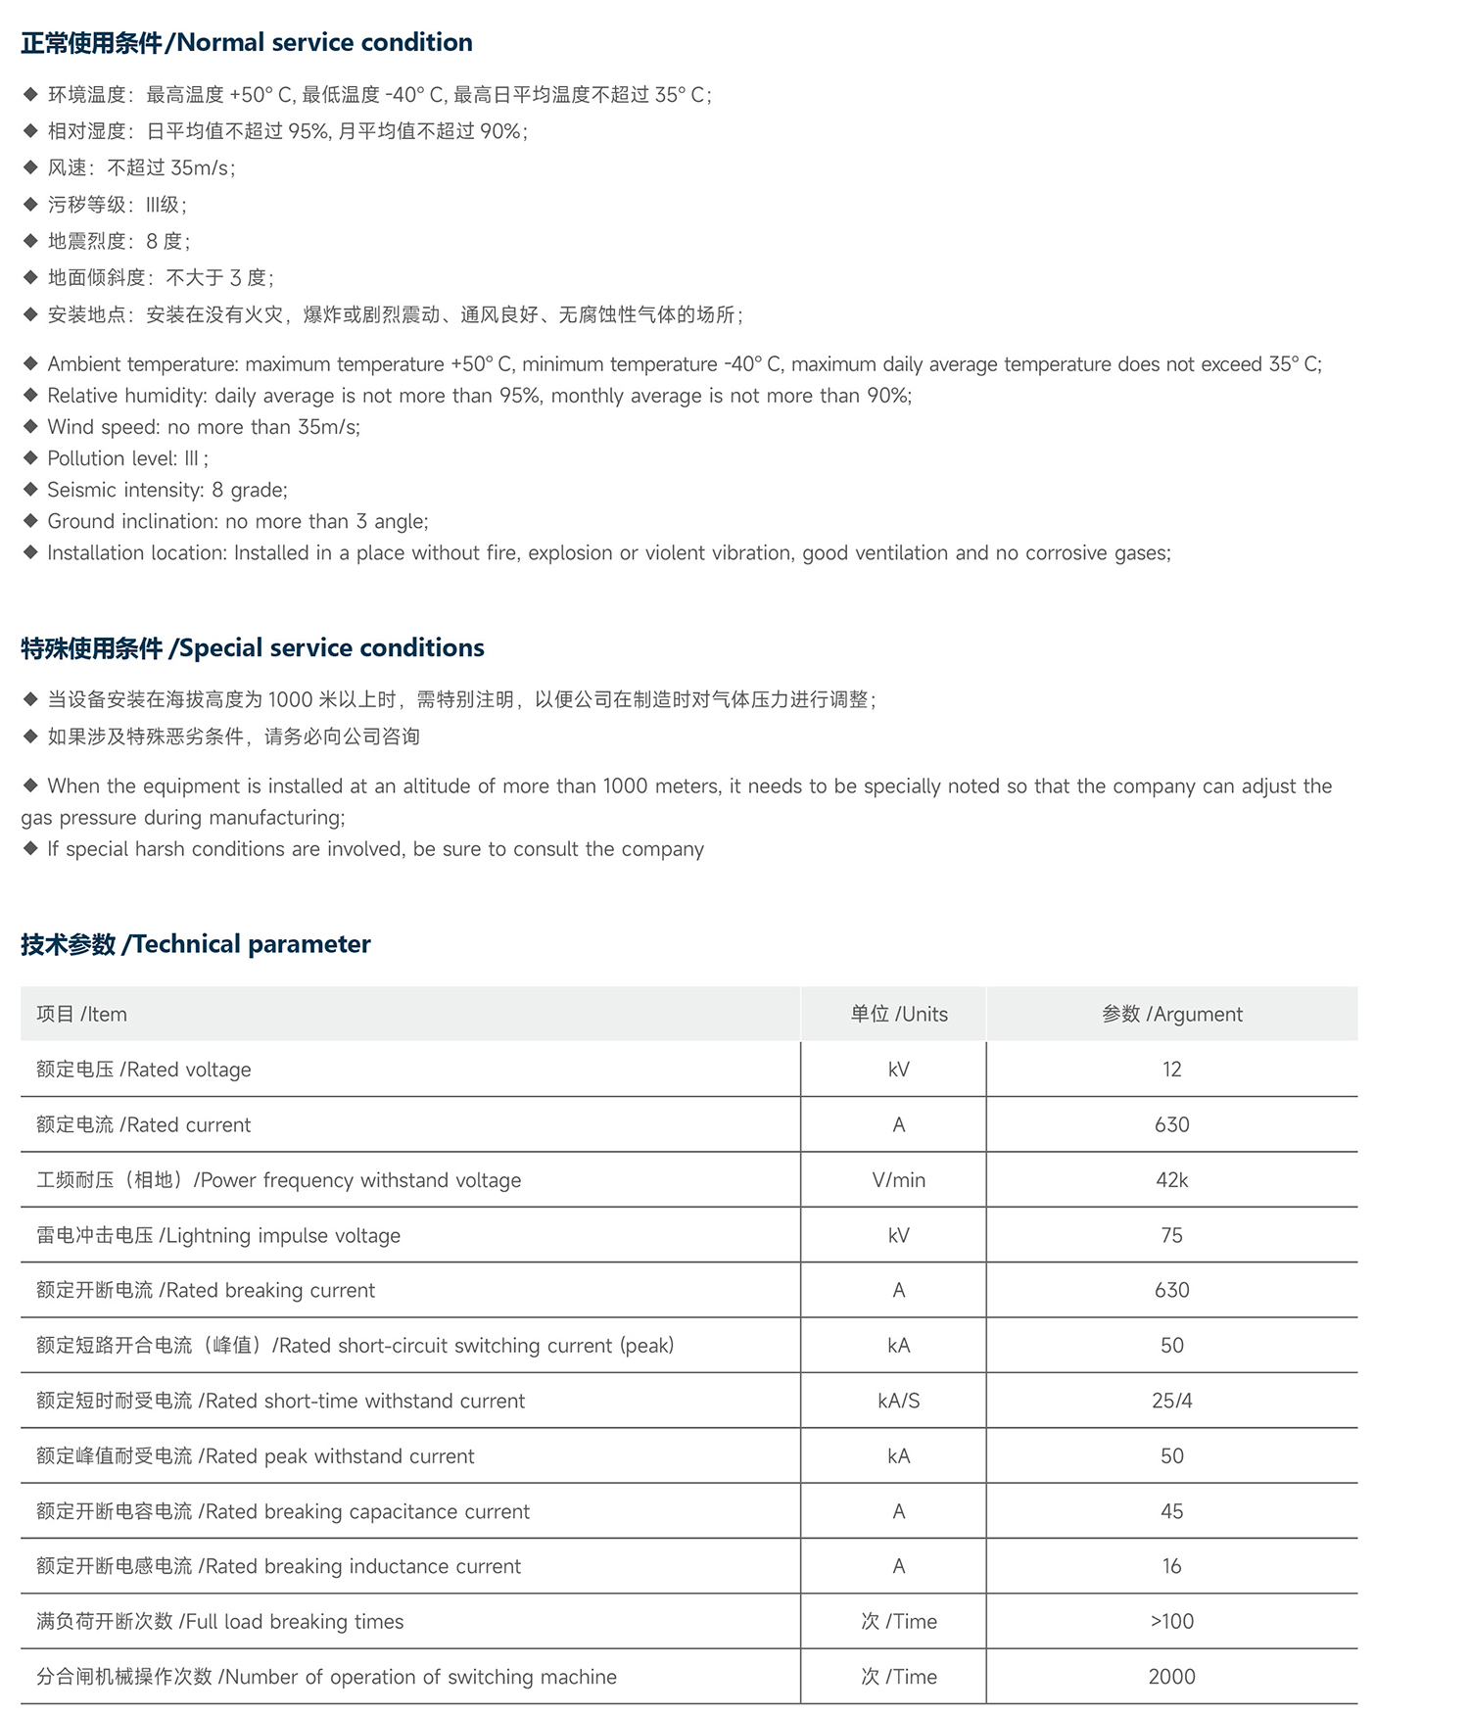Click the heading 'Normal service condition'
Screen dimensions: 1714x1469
coord(246,43)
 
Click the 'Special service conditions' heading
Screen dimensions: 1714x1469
coord(253,648)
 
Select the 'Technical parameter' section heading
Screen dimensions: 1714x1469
coord(196,944)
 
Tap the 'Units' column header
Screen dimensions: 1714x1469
coord(898,1015)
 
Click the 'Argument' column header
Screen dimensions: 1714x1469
coord(1171,1015)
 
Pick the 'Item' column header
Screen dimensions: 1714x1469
coord(81,1015)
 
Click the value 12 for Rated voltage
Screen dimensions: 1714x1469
coord(1171,1070)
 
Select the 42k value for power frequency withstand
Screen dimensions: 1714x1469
coord(1171,1180)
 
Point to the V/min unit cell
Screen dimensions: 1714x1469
coord(898,1180)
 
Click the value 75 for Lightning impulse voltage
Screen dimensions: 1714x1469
coord(1171,1236)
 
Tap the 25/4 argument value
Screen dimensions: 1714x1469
coord(1171,1402)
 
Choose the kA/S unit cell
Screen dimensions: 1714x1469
coord(898,1402)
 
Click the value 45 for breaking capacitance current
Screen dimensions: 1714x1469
coord(1171,1512)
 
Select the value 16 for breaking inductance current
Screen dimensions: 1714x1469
coord(1171,1567)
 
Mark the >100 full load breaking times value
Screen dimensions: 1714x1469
coord(1171,1622)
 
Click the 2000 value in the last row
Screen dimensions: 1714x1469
coord(1171,1678)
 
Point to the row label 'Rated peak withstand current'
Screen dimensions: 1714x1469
coord(255,1456)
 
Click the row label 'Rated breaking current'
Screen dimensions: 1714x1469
coord(206,1291)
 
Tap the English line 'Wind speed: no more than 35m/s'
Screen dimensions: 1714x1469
coord(204,427)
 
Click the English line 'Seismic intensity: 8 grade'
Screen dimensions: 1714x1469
coord(166,490)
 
